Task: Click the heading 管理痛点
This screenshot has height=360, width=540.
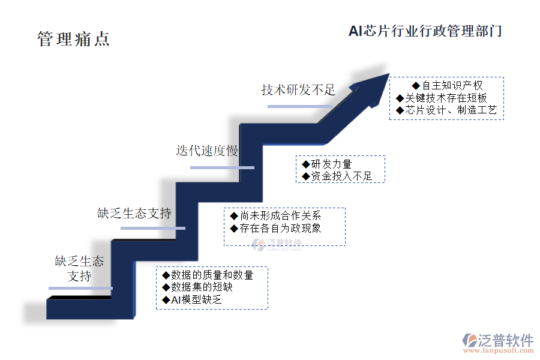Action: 73,39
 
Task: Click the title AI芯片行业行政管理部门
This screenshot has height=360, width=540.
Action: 425,31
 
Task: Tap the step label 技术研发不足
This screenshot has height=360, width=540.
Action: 298,90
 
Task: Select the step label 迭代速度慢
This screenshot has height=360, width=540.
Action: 207,151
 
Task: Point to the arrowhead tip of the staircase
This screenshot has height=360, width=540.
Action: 389,73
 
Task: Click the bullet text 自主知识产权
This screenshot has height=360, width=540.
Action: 452,85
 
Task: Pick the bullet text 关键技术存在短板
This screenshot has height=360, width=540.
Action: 446,98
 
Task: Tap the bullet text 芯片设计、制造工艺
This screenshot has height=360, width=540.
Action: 451,110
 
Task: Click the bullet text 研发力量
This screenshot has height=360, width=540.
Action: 331,164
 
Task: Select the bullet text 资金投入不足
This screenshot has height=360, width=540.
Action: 341,176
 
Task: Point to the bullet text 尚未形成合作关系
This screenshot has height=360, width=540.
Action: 280,215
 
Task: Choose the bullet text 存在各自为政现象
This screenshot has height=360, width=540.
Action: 280,228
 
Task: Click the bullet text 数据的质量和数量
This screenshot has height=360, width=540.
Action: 212,275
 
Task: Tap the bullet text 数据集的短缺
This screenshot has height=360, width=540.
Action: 202,287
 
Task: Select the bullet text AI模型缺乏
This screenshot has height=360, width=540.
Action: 196,300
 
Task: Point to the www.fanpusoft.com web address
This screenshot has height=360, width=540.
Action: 499,350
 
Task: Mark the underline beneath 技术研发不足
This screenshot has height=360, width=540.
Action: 300,106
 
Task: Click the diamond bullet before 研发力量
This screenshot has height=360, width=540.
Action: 305,164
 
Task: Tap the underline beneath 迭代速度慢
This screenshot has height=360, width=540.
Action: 222,168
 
